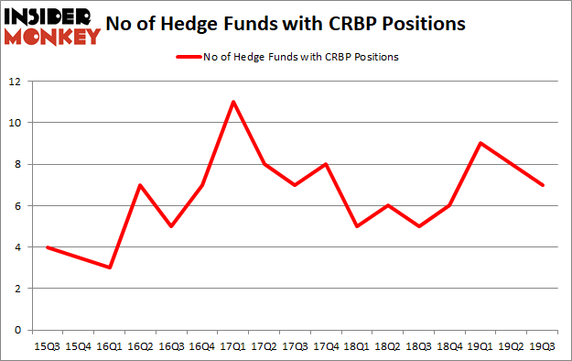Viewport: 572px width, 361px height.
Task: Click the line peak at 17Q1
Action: pyautogui.click(x=233, y=102)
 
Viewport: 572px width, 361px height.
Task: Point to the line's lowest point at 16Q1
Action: pyautogui.click(x=108, y=268)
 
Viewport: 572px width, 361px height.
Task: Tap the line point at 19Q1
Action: pyautogui.click(x=480, y=143)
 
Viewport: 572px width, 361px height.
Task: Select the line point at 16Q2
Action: pyautogui.click(x=139, y=184)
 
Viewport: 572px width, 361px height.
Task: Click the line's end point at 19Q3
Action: pyautogui.click(x=543, y=184)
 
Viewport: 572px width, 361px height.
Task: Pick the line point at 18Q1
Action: pyautogui.click(x=356, y=226)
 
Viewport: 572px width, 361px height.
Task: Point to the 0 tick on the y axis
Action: pyautogui.click(x=19, y=330)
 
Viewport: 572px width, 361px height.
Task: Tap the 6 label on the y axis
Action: pyautogui.click(x=19, y=206)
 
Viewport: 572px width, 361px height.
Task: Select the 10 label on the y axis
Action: pyautogui.click(x=16, y=123)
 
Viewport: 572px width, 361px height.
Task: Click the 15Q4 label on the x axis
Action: pyautogui.click(x=77, y=347)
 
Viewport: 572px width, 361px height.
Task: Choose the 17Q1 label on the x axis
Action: pyautogui.click(x=233, y=347)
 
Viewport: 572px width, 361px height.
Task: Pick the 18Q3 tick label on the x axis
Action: pyautogui.click(x=418, y=347)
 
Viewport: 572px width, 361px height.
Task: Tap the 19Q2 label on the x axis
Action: pyautogui.click(x=512, y=347)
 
